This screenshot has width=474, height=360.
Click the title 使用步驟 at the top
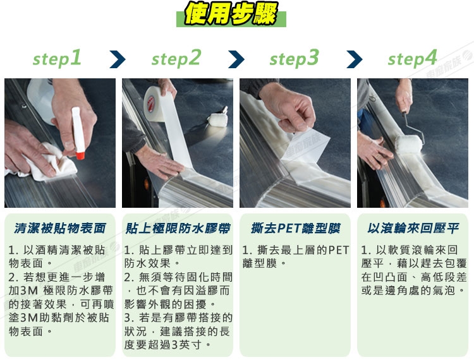231,14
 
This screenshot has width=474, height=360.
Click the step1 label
57,58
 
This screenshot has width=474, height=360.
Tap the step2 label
176,58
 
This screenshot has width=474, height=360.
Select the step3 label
294,58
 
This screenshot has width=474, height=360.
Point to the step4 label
413,58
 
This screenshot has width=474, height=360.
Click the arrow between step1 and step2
118,59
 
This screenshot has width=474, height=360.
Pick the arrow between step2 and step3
236,59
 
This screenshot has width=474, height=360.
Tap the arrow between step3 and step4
355,59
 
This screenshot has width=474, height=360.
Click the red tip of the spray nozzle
80,156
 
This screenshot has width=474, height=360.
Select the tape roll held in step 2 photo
154,104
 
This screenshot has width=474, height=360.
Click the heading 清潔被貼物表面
60,229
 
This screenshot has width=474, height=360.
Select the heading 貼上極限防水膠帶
178,229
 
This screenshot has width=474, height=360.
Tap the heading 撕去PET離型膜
295,229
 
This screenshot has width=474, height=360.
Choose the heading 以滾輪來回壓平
413,229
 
